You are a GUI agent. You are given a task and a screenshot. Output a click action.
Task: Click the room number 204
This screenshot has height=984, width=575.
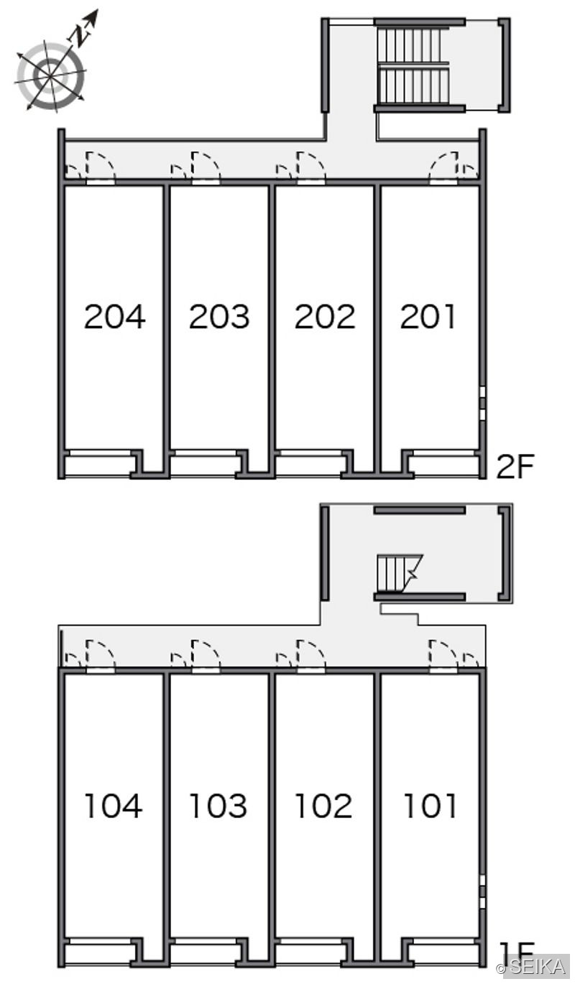point(114,316)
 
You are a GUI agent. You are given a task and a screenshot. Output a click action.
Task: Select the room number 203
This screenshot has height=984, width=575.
point(219,316)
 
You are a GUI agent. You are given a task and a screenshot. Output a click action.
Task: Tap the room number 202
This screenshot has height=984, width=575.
point(325,316)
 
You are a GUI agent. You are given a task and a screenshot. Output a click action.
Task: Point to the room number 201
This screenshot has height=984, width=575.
point(428,316)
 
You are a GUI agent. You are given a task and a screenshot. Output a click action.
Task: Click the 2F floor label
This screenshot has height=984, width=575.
point(515,466)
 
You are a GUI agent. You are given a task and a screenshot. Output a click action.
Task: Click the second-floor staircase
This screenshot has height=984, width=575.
point(413,66)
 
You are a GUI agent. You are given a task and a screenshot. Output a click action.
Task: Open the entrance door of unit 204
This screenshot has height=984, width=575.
point(101,167)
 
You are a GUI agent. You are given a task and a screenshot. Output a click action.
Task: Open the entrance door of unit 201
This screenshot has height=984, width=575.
point(444,167)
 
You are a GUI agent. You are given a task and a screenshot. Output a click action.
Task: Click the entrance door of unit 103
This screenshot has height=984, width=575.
point(206,656)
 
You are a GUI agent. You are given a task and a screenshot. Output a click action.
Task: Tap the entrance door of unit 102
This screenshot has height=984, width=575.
point(311,656)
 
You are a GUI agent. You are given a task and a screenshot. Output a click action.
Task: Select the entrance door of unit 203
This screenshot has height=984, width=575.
point(206,167)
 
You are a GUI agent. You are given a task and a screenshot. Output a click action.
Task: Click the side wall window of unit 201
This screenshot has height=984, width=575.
point(483,403)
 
